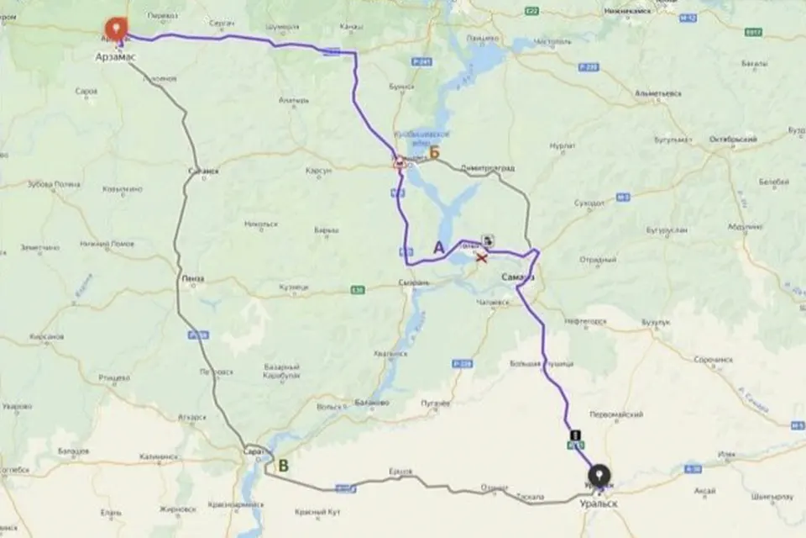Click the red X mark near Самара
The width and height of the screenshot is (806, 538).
(x=481, y=256)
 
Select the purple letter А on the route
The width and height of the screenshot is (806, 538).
(x=438, y=247)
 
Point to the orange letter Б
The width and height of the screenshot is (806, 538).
(x=434, y=153)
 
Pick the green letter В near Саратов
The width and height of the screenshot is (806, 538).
(x=283, y=464)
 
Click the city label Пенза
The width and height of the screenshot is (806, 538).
(x=194, y=278)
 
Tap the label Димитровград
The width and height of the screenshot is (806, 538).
(x=486, y=167)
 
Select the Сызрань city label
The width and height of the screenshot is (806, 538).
(x=414, y=283)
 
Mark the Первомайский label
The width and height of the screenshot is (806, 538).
(x=618, y=414)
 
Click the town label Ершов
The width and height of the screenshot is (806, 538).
(x=401, y=471)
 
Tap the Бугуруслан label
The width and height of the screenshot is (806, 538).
(x=667, y=229)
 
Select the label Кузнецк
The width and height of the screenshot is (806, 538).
(x=295, y=287)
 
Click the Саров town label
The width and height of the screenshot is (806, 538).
(x=86, y=91)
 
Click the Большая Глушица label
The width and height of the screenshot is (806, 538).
(x=542, y=364)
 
